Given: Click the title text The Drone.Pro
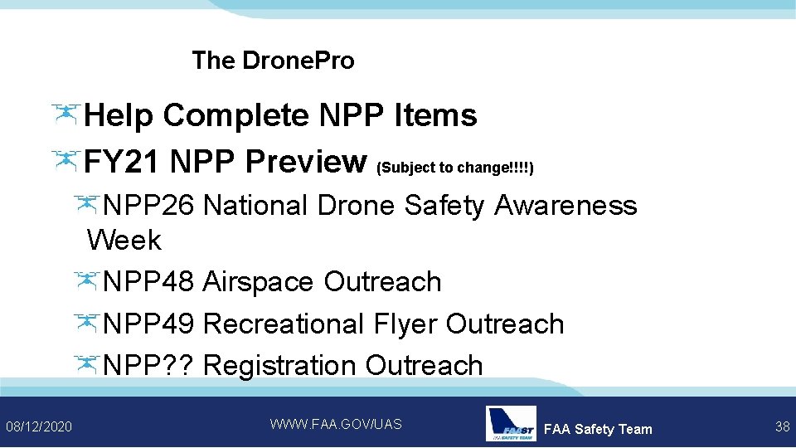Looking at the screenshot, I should [273, 61].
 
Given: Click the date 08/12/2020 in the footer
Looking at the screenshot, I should [39, 426].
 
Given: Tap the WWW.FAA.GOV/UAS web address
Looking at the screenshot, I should [336, 424].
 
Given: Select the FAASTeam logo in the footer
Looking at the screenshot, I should [510, 424].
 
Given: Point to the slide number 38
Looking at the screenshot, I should [782, 426].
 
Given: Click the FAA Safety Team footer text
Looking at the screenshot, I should [598, 429].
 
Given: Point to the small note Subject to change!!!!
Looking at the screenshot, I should [455, 168].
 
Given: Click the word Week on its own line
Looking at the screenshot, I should [124, 241].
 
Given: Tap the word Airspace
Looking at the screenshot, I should [258, 282].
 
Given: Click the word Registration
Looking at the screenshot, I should [280, 365].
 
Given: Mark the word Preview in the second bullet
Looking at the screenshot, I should [306, 161].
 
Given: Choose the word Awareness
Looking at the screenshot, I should [565, 205].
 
